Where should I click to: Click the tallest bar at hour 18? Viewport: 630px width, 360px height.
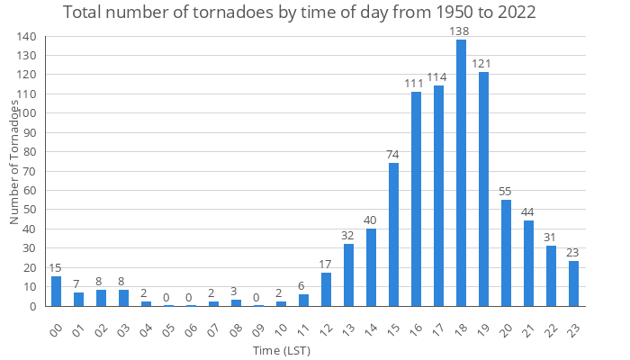pyautogui.click(x=461, y=173)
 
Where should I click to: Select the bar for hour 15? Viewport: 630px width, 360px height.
pyautogui.click(x=393, y=234)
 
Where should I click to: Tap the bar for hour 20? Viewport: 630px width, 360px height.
pyautogui.click(x=506, y=253)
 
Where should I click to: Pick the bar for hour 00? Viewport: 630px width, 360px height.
pyautogui.click(x=56, y=292)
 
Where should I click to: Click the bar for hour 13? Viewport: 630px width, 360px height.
pyautogui.click(x=348, y=274)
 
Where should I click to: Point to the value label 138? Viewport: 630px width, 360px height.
pyautogui.click(x=461, y=31)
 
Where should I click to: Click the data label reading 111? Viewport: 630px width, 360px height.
pyautogui.click(x=416, y=84)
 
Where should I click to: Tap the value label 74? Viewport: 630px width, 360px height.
pyautogui.click(x=393, y=155)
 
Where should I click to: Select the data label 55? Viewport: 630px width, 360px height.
pyautogui.click(x=506, y=192)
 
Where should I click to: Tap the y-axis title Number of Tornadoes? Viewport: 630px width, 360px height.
pyautogui.click(x=15, y=162)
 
